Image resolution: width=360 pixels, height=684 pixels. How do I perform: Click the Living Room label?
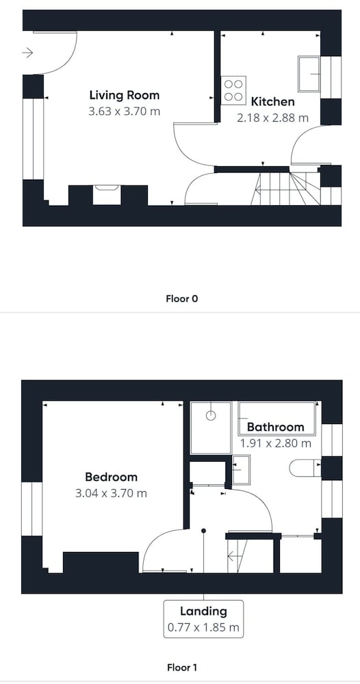coord(125,95)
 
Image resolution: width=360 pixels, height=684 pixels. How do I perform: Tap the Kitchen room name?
coord(272,102)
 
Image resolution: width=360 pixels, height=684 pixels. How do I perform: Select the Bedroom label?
coord(112,477)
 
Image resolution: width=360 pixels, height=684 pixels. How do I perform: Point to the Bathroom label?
coord(275,427)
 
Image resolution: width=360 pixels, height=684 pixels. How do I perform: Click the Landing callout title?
coord(204,611)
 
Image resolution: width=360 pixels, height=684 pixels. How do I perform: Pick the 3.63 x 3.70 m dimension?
coord(125,111)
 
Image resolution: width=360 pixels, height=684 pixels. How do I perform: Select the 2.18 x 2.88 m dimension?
coord(272,118)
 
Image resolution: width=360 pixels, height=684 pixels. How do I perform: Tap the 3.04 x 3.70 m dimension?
coord(112,493)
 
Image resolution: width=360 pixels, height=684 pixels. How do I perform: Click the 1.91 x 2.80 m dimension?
coord(276,443)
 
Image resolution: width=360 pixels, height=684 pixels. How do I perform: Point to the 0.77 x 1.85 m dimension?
coord(204,628)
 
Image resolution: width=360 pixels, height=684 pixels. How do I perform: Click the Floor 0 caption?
coord(182,299)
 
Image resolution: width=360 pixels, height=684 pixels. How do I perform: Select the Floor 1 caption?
coord(182,668)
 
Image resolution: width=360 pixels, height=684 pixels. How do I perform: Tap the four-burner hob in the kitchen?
coord(233,90)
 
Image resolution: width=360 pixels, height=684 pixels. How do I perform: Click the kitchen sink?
coord(309,73)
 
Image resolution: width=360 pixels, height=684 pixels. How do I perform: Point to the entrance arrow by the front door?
coord(27,53)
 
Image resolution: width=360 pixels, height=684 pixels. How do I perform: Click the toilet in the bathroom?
coord(305,468)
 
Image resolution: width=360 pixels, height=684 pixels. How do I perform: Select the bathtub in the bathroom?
coord(277,419)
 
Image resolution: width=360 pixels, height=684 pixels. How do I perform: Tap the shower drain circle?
coord(211,415)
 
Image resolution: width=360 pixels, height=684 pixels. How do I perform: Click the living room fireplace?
coord(107,194)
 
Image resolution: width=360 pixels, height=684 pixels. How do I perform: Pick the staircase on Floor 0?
coord(286,189)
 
